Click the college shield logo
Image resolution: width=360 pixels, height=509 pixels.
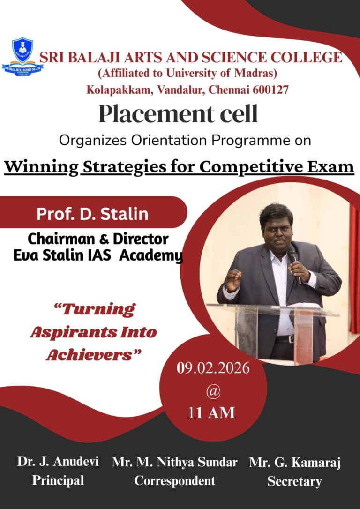click(22, 57)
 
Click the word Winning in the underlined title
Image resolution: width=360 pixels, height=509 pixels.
click(41, 167)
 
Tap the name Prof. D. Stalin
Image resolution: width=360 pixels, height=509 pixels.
click(92, 214)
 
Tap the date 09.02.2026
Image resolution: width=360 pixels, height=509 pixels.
click(213, 368)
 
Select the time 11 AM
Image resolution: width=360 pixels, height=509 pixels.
click(212, 413)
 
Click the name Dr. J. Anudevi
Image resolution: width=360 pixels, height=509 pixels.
click(58, 462)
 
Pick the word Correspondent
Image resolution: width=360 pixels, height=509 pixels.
click(175, 480)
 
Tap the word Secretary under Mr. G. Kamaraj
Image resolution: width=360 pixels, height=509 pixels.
click(294, 481)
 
